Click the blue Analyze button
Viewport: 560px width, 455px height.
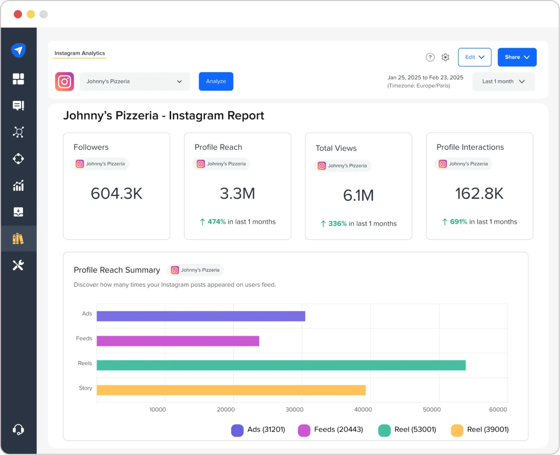point(216,81)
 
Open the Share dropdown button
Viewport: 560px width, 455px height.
point(517,57)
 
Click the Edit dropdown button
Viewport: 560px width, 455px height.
point(474,57)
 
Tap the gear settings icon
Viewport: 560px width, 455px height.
point(445,57)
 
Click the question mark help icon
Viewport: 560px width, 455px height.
point(430,57)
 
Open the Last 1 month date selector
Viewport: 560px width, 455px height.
point(503,82)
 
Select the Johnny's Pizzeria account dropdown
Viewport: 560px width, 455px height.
point(135,82)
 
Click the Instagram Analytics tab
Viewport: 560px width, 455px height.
point(80,53)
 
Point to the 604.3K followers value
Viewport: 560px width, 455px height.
point(116,194)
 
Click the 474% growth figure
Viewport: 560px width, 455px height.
point(216,222)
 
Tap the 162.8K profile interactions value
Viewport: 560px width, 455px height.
point(479,194)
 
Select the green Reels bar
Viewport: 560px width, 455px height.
point(281,365)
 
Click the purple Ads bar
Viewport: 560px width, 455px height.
point(201,316)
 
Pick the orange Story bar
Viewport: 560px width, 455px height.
point(231,390)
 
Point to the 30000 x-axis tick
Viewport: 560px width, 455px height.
point(294,410)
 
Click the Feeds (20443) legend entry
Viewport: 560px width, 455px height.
point(330,430)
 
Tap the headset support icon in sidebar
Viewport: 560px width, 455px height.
point(18,429)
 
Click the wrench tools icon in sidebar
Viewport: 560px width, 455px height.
point(18,265)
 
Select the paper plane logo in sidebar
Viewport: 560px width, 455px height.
point(18,50)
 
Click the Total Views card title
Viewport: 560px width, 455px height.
point(336,148)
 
